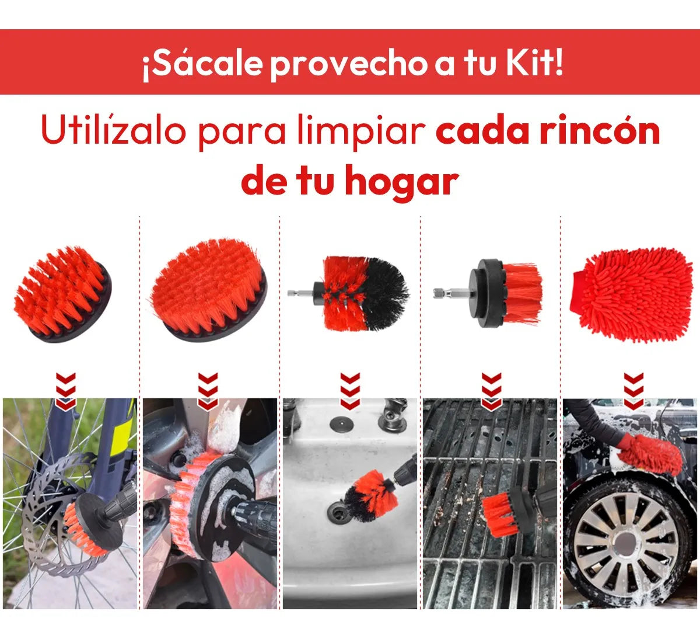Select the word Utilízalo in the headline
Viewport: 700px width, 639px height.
tap(112, 131)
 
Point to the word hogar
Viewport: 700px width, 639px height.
tap(401, 182)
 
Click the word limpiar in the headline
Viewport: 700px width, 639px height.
tap(360, 131)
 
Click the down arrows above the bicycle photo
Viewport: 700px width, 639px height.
tap(66, 390)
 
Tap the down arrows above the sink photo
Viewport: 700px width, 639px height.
tap(349, 390)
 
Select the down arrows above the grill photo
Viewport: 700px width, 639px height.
tap(491, 390)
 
